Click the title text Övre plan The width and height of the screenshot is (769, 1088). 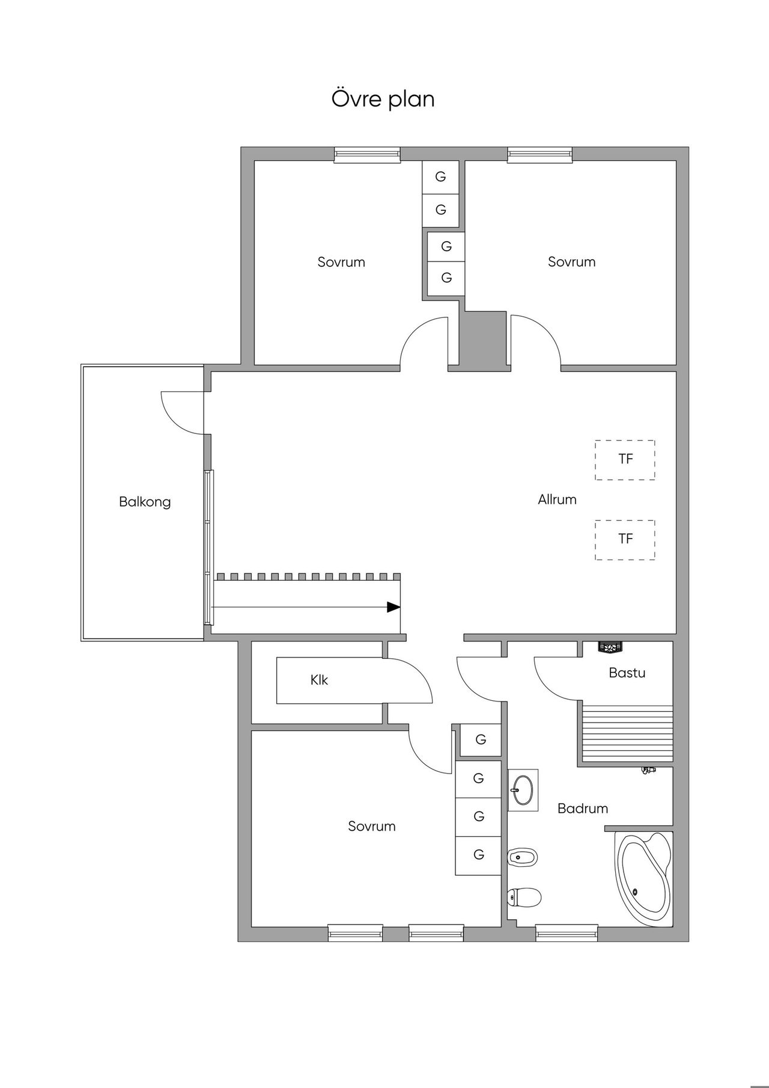pyautogui.click(x=383, y=99)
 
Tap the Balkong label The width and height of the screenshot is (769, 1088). pyautogui.click(x=145, y=502)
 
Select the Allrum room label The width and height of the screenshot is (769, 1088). pyautogui.click(x=557, y=499)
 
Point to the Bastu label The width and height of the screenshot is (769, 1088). pyautogui.click(x=627, y=673)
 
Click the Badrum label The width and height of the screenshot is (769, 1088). pyautogui.click(x=583, y=808)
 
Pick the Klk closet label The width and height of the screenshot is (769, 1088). pyautogui.click(x=319, y=680)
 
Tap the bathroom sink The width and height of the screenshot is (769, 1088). pyautogui.click(x=522, y=790)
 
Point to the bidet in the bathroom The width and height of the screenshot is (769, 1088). pyautogui.click(x=523, y=857)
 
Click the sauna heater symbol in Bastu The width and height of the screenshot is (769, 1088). pyautogui.click(x=610, y=647)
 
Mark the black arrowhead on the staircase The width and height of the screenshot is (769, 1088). pyautogui.click(x=394, y=607)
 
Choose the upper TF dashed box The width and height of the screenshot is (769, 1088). pyautogui.click(x=625, y=460)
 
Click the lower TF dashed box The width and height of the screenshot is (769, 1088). pyautogui.click(x=625, y=540)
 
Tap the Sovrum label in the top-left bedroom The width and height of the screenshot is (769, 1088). pyautogui.click(x=341, y=262)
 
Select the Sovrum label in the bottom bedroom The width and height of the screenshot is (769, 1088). pyautogui.click(x=372, y=827)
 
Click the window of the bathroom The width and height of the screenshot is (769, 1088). pyautogui.click(x=567, y=933)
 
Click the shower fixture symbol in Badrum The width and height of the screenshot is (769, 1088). pyautogui.click(x=649, y=770)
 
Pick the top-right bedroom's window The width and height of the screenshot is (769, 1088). pyautogui.click(x=540, y=154)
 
